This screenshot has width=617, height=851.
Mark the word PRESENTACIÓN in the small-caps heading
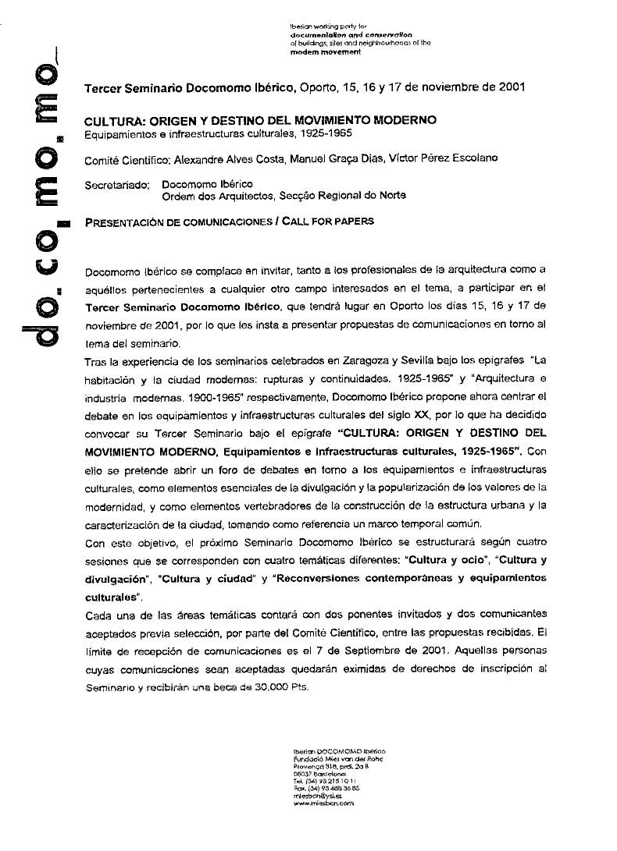click(x=117, y=222)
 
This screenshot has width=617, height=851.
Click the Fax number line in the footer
click(x=324, y=787)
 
